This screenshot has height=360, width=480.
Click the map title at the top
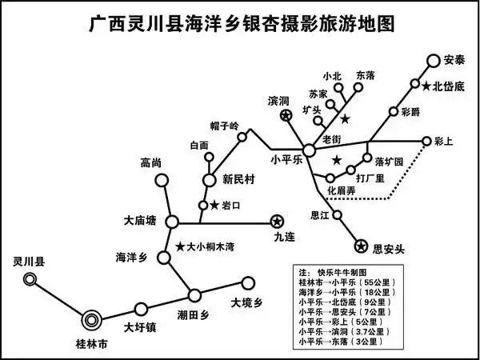point(242,25)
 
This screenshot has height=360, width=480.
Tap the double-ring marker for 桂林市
point(91,320)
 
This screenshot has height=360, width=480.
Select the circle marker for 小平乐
point(309,150)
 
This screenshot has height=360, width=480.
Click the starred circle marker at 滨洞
point(286,116)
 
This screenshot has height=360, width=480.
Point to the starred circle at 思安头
point(361,246)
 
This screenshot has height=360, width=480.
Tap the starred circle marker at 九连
point(277,222)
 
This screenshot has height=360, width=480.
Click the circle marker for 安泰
point(434,61)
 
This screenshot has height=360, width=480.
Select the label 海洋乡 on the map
point(131,258)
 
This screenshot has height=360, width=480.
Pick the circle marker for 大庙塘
point(172,222)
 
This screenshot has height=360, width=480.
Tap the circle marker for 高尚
point(162,181)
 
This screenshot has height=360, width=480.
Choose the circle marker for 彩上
point(426,141)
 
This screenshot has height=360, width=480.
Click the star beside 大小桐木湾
point(180,246)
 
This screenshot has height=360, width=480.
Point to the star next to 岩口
point(214,206)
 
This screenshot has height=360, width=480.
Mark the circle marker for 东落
point(358,87)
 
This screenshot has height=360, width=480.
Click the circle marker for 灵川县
point(30,279)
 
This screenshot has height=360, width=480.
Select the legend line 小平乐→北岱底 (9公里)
point(345,302)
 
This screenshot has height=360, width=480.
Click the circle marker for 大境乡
point(248,283)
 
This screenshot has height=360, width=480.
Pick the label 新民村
point(238,180)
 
